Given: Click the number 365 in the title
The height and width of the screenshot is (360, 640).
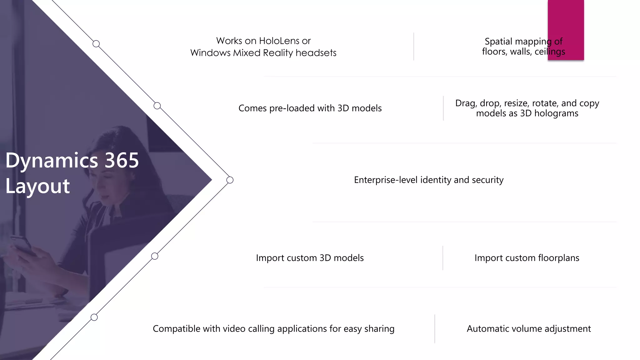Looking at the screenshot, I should tap(122, 160).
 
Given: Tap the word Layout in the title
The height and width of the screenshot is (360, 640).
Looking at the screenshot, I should tap(37, 186).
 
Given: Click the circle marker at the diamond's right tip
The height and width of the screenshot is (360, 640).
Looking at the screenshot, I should tap(230, 180).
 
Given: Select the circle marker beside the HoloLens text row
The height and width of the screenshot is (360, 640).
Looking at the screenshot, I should tap(96, 44).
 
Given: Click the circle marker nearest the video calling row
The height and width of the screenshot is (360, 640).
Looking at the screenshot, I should tap(94, 317).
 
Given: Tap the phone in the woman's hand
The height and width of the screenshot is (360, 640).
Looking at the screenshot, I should tap(22, 245).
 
